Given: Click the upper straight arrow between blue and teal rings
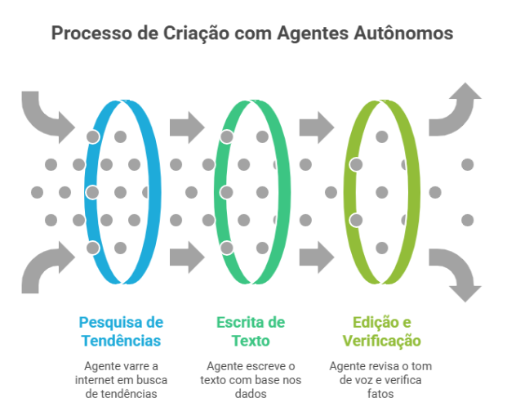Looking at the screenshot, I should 187,127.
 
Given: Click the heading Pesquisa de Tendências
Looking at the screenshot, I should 120,331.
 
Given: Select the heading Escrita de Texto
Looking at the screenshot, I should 251,331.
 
